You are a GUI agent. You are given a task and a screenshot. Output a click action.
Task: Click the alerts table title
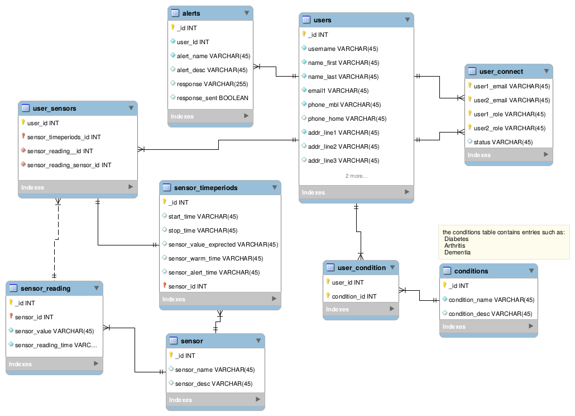(191, 13)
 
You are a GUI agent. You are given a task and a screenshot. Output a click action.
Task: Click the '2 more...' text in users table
(356, 176)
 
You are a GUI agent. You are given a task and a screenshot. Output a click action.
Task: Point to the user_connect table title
(501, 72)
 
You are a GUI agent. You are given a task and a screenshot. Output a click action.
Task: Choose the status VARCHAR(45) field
(503, 142)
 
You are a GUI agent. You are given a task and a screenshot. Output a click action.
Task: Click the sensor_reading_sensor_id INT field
(69, 165)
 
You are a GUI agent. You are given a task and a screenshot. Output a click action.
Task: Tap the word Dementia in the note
(457, 252)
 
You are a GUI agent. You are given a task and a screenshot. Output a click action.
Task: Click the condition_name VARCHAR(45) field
(491, 300)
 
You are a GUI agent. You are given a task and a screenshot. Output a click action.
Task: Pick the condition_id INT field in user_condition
(354, 296)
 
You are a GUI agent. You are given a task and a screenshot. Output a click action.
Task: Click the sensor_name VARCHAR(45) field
(214, 370)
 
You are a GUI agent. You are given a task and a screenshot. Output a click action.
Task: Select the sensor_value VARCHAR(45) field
(54, 331)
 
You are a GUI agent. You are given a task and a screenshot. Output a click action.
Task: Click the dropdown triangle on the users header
(407, 20)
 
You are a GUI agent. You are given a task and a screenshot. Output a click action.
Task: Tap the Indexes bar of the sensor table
(215, 400)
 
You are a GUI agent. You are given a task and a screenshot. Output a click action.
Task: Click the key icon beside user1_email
(470, 86)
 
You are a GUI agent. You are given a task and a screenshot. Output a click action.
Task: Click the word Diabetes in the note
(456, 239)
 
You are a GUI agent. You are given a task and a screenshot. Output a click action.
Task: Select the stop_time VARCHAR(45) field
(203, 230)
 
